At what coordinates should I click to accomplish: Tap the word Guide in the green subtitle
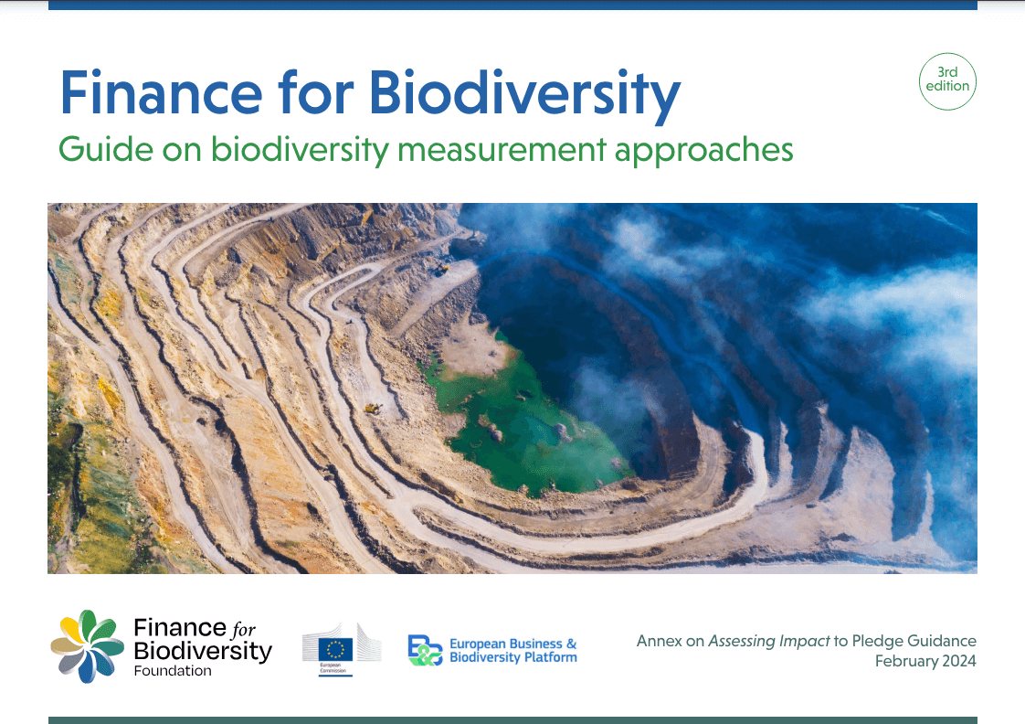[94, 149]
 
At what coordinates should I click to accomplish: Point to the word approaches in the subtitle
[703, 149]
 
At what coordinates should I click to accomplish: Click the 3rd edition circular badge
[947, 81]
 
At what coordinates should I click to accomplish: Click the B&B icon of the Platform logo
[425, 650]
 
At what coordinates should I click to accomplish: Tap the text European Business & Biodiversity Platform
[512, 651]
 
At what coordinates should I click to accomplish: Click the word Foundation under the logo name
[172, 671]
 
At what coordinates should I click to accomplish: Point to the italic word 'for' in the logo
[244, 629]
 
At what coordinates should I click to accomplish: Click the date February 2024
[925, 661]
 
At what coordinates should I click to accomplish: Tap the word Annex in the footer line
[659, 641]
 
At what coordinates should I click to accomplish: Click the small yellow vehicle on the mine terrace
[372, 408]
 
